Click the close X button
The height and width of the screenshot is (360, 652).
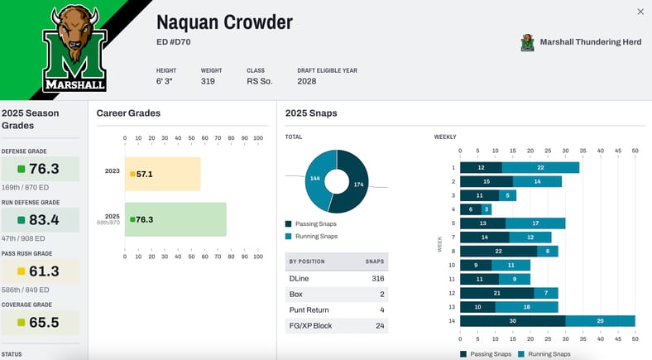[640, 12]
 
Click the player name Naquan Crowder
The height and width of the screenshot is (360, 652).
[224, 22]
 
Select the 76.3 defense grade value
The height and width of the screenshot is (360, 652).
[43, 169]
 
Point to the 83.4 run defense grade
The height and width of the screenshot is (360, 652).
[43, 220]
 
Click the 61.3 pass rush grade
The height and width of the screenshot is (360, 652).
[43, 271]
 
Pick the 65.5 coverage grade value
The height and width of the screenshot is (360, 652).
[43, 322]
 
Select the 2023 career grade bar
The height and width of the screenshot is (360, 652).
[162, 174]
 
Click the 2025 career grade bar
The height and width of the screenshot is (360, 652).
[175, 219]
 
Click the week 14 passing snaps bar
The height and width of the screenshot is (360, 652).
[513, 320]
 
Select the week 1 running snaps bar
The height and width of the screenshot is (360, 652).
[540, 167]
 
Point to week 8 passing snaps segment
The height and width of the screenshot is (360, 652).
[498, 251]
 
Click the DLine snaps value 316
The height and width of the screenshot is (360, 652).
[378, 279]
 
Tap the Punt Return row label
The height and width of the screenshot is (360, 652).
[310, 310]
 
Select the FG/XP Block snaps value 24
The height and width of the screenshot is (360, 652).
[378, 325]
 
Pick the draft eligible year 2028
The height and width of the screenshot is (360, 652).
[307, 81]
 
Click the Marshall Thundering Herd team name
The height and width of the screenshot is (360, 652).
[590, 41]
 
